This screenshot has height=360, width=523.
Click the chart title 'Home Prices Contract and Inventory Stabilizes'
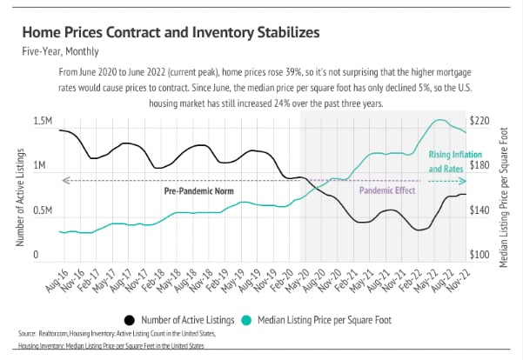pyautogui.click(x=165, y=33)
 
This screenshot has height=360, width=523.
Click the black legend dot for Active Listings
pyautogui.click(x=130, y=319)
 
